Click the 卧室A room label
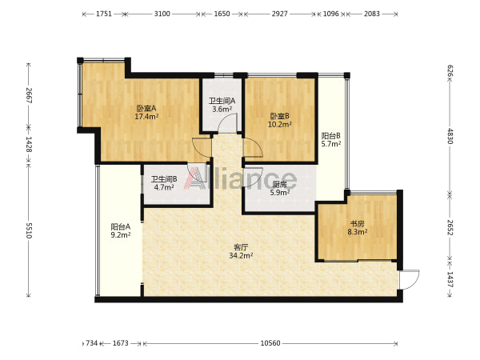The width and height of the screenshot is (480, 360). pyautogui.click(x=146, y=108)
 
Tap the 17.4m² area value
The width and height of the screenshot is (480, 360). pyautogui.click(x=146, y=116)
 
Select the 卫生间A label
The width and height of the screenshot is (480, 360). pyautogui.click(x=222, y=101)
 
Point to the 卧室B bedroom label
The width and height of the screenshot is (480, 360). pyautogui.click(x=279, y=116)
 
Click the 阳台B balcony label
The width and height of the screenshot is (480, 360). pyautogui.click(x=331, y=136)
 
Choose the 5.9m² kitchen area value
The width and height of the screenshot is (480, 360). pyautogui.click(x=280, y=193)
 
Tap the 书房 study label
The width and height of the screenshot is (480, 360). pyautogui.click(x=358, y=224)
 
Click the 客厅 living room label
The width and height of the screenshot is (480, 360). pyautogui.click(x=241, y=247)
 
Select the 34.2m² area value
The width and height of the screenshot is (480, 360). pyautogui.click(x=241, y=255)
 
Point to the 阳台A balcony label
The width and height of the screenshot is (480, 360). pyautogui.click(x=121, y=227)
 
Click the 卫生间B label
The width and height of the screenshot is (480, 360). pyautogui.click(x=164, y=179)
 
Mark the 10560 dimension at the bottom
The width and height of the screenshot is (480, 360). pyautogui.click(x=270, y=343)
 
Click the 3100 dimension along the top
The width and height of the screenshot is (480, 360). pyautogui.click(x=162, y=14)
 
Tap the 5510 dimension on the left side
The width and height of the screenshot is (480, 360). pyautogui.click(x=29, y=230)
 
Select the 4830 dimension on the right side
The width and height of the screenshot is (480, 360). pyautogui.click(x=450, y=136)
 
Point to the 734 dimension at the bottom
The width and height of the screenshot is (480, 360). pyautogui.click(x=91, y=343)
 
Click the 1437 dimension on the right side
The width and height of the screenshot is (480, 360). pyautogui.click(x=450, y=279)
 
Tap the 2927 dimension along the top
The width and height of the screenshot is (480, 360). pyautogui.click(x=279, y=14)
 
